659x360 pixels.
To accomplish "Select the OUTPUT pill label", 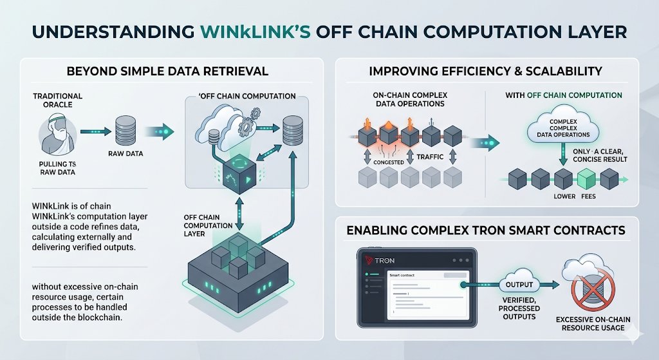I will coord(519,285).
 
